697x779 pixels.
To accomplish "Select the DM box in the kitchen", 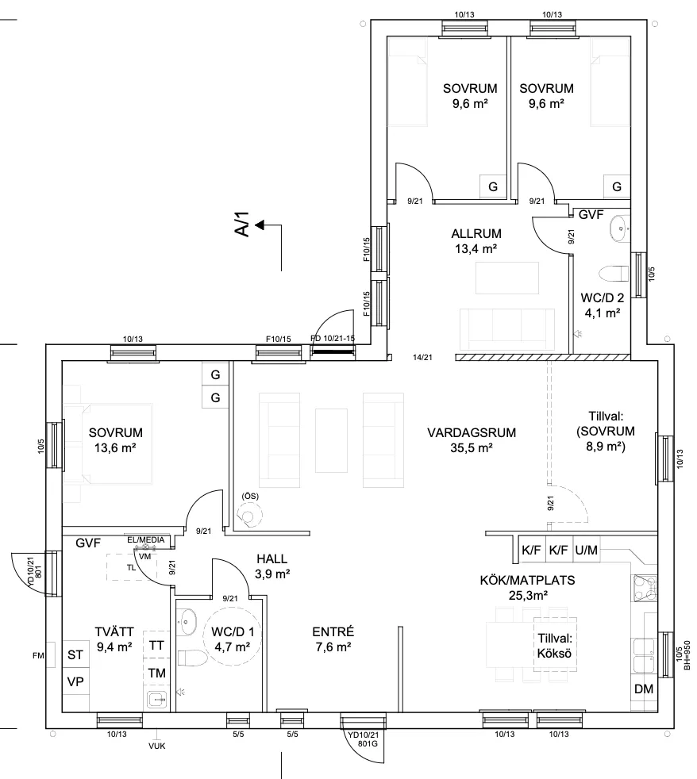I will [643, 689].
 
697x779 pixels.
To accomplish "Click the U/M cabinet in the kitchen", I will [587, 548].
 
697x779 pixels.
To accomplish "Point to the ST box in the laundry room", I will [75, 655].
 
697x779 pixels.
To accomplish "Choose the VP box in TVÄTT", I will [75, 682].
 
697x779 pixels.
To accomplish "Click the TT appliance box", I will [156, 646].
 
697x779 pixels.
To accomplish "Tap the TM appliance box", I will [156, 673].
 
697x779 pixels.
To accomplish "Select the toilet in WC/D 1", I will [189, 657].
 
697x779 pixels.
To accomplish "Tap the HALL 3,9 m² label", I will [272, 566].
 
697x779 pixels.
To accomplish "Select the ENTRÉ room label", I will [333, 639].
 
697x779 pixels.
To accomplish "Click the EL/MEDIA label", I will [146, 540].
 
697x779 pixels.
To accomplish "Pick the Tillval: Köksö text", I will [554, 646].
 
